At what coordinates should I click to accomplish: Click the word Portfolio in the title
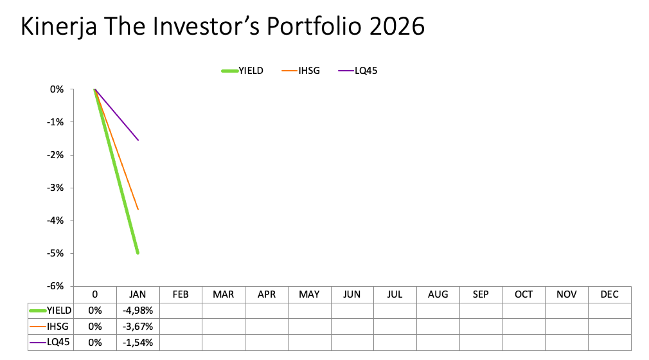coord(314,26)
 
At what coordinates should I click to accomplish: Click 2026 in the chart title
coord(396,26)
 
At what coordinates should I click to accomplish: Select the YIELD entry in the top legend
coord(242,71)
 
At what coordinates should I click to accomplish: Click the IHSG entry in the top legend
coord(301,71)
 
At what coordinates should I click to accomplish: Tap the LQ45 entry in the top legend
coord(358,71)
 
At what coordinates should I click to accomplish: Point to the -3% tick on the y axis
coord(55,188)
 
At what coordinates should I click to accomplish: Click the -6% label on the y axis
coord(55,286)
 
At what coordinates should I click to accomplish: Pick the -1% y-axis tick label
coord(55,122)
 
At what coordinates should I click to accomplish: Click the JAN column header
coord(138,294)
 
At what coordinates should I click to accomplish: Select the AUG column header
coord(438,294)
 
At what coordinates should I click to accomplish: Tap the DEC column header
coord(609,294)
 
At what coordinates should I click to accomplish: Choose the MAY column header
coord(309,294)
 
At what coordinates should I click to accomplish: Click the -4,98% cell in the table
coord(138,310)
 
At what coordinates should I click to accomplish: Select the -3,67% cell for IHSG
coord(138,327)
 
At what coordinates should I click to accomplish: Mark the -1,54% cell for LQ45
coord(138,343)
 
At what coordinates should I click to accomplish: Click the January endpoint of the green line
coord(138,253)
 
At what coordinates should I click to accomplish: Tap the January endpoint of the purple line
coord(138,140)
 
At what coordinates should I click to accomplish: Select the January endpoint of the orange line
coord(138,210)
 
